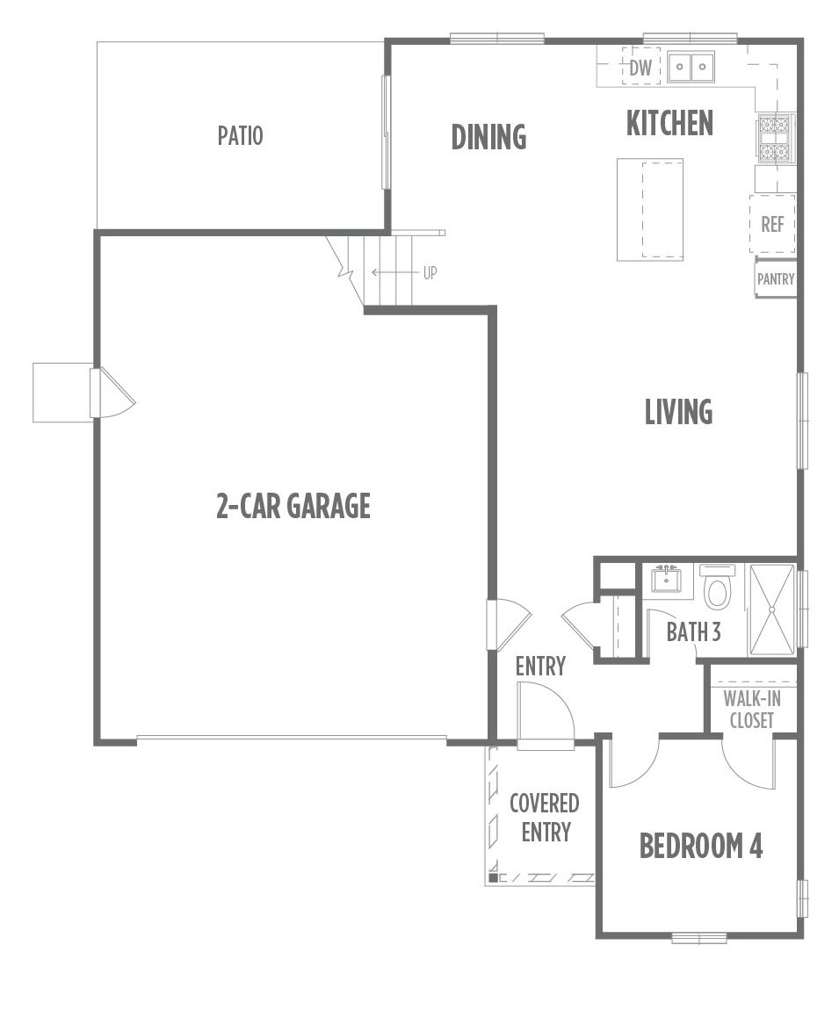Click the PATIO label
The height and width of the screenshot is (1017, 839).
240,136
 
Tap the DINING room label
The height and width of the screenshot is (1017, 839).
488,137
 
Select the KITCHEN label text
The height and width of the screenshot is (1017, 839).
669,123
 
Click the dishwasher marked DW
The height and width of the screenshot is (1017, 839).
641,67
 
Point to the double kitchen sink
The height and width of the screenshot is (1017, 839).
691,66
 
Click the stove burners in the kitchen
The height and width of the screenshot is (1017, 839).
775,138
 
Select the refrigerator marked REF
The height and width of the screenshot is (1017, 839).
772,225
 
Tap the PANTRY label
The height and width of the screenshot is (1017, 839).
776,279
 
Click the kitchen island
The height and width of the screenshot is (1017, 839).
650,209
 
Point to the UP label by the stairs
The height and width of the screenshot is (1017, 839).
430,273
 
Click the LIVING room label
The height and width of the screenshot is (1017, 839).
679,412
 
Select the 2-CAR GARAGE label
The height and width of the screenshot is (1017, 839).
293,506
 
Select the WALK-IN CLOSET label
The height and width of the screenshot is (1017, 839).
752,710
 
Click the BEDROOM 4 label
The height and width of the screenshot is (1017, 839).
701,846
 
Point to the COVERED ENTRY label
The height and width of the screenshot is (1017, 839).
545,818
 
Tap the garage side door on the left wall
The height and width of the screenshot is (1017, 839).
112,393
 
